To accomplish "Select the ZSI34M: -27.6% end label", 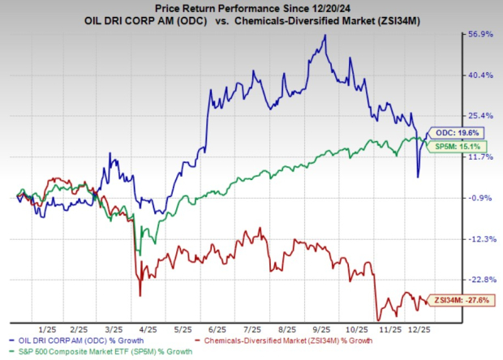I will [x=459, y=301].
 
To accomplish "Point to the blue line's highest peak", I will [x=325, y=35].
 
